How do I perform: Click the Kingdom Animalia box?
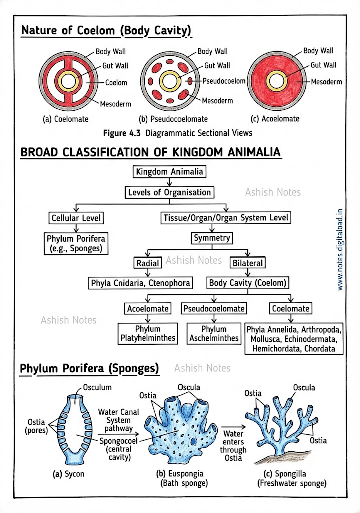tap(169, 172)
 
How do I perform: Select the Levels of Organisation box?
tap(169, 192)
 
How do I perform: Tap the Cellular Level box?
tap(76, 218)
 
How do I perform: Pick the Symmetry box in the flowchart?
tap(212, 238)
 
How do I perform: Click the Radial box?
tap(148, 263)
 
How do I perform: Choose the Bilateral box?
tap(247, 263)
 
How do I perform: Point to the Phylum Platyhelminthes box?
tap(148, 333)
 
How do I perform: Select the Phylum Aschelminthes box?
tap(214, 333)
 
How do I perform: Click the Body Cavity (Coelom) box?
tap(248, 283)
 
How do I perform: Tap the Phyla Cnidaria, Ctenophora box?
tap(140, 283)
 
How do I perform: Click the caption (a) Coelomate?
tap(65, 119)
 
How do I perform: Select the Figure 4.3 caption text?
tap(177, 133)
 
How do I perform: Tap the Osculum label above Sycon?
tap(97, 387)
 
